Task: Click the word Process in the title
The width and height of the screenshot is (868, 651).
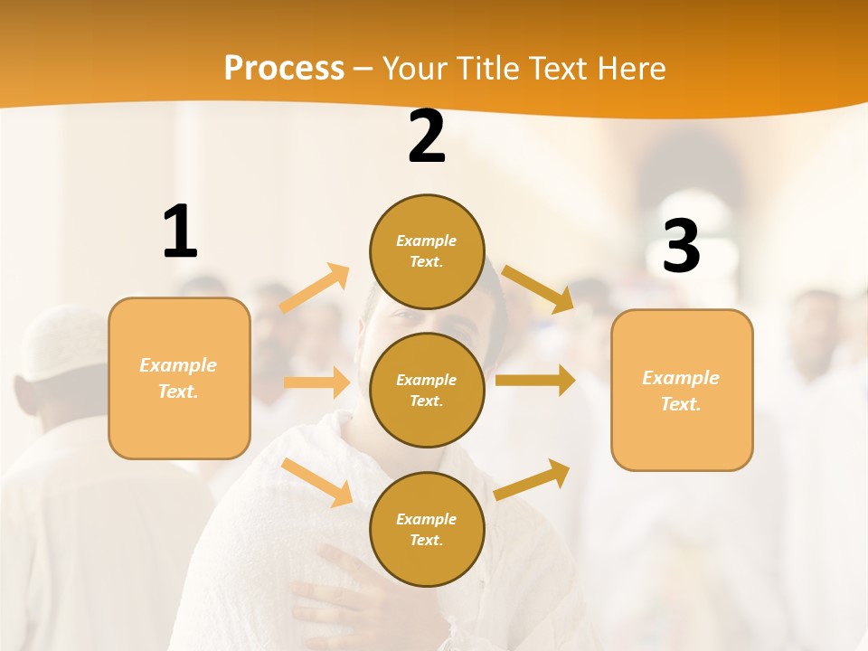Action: (284, 68)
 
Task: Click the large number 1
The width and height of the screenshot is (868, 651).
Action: (180, 232)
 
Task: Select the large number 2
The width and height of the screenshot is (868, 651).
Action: (427, 137)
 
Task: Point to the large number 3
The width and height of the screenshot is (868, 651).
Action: (681, 247)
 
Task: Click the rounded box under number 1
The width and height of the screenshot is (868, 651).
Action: (179, 378)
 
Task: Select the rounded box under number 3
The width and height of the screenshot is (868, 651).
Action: (682, 390)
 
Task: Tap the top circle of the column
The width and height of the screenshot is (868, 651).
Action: (427, 251)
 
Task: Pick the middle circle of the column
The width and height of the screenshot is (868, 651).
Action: (427, 390)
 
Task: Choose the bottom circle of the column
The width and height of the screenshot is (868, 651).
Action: (427, 529)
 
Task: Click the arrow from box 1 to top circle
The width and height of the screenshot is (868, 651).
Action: (315, 288)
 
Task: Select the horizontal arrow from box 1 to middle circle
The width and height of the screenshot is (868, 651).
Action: (316, 382)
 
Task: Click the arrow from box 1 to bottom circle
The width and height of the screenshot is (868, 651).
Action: (317, 482)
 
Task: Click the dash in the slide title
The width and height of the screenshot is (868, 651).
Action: (363, 70)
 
